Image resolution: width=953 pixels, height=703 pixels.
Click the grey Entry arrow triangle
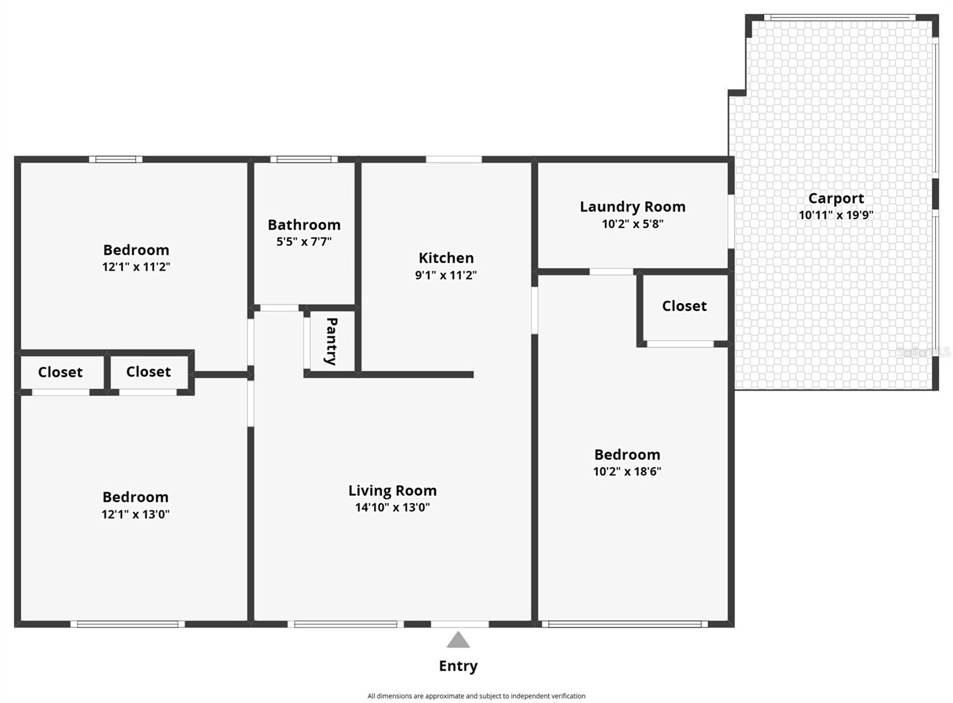(458, 640)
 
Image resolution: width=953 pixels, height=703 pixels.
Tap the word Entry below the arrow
(458, 666)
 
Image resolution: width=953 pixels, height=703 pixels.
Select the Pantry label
(331, 341)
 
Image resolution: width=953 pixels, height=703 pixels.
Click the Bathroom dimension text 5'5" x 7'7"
(304, 242)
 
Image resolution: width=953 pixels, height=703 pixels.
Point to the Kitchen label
(446, 258)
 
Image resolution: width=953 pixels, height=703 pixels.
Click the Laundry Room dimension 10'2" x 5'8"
(632, 224)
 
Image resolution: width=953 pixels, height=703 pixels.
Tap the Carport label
(836, 198)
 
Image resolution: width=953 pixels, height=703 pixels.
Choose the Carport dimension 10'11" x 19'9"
(836, 215)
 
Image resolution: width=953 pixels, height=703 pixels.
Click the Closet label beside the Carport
(684, 306)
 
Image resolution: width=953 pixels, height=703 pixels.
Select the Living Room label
(393, 490)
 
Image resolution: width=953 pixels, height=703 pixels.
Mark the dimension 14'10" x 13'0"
(393, 508)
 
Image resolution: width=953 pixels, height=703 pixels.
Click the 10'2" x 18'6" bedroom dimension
(627, 471)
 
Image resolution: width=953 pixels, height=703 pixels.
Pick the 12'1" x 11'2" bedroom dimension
(136, 267)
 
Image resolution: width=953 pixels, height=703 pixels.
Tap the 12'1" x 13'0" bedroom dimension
(135, 514)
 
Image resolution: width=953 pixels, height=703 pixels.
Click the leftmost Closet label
(60, 372)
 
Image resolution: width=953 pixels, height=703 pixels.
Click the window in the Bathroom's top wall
(304, 159)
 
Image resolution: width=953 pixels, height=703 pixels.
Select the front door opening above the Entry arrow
(459, 624)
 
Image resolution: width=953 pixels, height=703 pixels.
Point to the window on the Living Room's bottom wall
(345, 624)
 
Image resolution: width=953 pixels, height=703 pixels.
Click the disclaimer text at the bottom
(476, 696)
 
